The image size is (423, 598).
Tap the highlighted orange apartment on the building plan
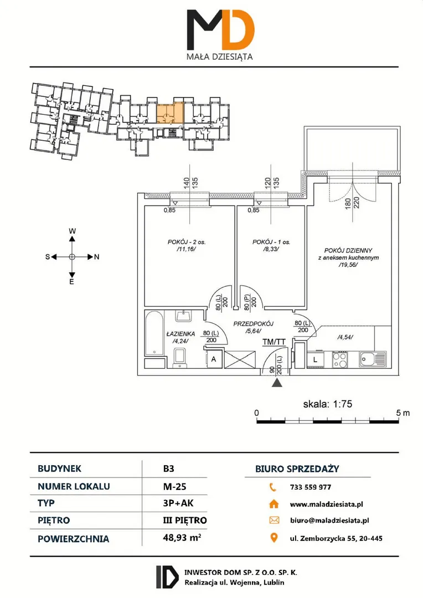(170, 112)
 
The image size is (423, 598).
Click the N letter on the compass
(96, 257)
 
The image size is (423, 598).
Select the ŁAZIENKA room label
(181, 334)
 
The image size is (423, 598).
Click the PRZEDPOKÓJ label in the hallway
(253, 324)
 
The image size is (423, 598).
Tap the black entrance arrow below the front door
(277, 383)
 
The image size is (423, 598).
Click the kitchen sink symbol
(372, 359)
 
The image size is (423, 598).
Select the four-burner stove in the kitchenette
(340, 359)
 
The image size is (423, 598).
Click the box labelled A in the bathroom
(214, 359)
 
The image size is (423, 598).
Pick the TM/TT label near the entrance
(274, 342)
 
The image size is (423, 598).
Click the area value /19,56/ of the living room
(348, 265)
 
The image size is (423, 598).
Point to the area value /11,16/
(186, 249)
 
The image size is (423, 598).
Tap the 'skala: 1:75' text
(327, 404)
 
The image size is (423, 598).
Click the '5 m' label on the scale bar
(403, 413)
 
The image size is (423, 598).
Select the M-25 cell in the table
(174, 486)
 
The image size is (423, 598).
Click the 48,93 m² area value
(182, 538)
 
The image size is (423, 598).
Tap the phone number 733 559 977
(311, 487)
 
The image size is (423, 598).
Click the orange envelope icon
(274, 520)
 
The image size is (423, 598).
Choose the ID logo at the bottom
(167, 576)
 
